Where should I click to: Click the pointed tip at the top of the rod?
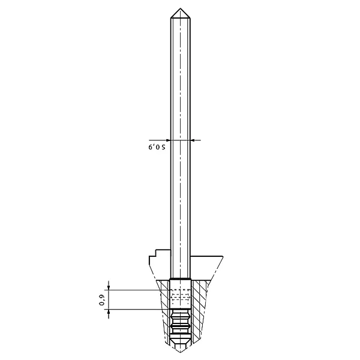pos(180,8)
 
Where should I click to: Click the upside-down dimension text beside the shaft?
pos(157,147)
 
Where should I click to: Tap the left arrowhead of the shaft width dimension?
pos(168,140)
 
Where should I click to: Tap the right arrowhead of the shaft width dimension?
pos(193,140)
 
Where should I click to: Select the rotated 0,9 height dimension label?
pos(102,301)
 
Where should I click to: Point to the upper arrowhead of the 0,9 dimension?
pos(109,287)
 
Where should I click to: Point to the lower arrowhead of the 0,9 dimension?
pos(109,312)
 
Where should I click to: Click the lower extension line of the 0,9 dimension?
pos(139,309)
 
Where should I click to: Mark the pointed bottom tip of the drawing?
pos(180,352)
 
